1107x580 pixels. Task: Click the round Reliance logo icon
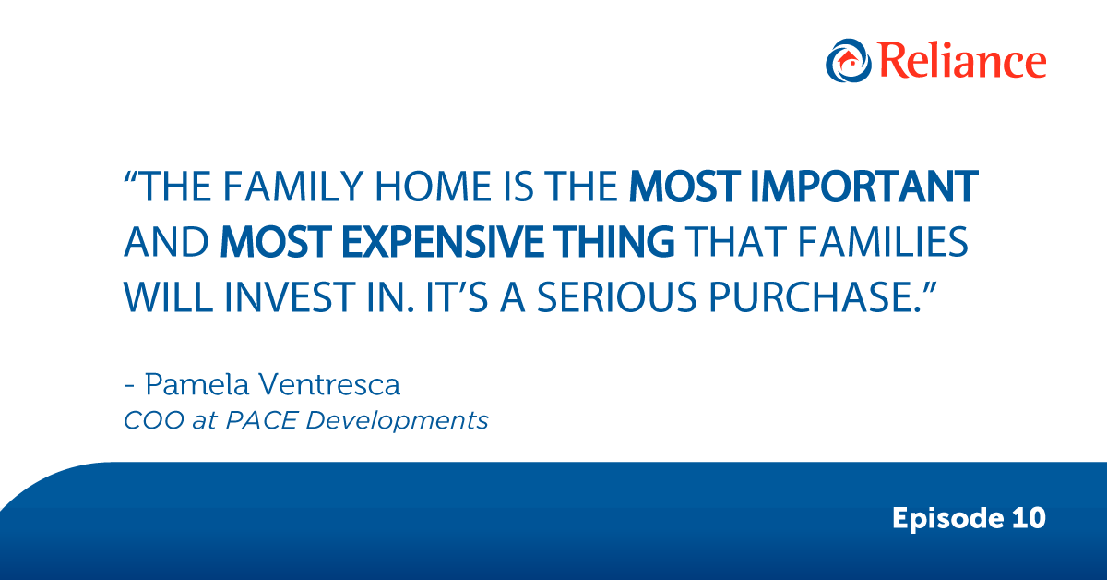pyautogui.click(x=848, y=60)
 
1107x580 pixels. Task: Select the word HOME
pyautogui.click(x=433, y=187)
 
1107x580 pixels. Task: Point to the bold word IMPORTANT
pyautogui.click(x=863, y=187)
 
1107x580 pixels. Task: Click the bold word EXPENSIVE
pyautogui.click(x=443, y=242)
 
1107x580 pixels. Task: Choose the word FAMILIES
pyautogui.click(x=883, y=242)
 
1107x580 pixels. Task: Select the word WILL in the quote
pyautogui.click(x=168, y=297)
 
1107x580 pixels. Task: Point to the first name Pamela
pyautogui.click(x=196, y=384)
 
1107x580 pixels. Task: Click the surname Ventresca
pyautogui.click(x=329, y=384)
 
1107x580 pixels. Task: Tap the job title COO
pyautogui.click(x=154, y=420)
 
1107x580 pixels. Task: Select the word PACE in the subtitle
pyautogui.click(x=262, y=420)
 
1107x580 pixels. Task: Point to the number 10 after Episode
pyautogui.click(x=1029, y=518)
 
